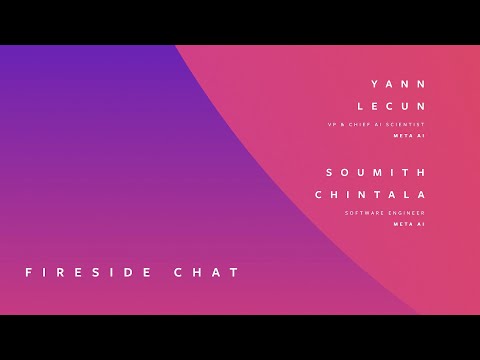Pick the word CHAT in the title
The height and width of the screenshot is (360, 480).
209,272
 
